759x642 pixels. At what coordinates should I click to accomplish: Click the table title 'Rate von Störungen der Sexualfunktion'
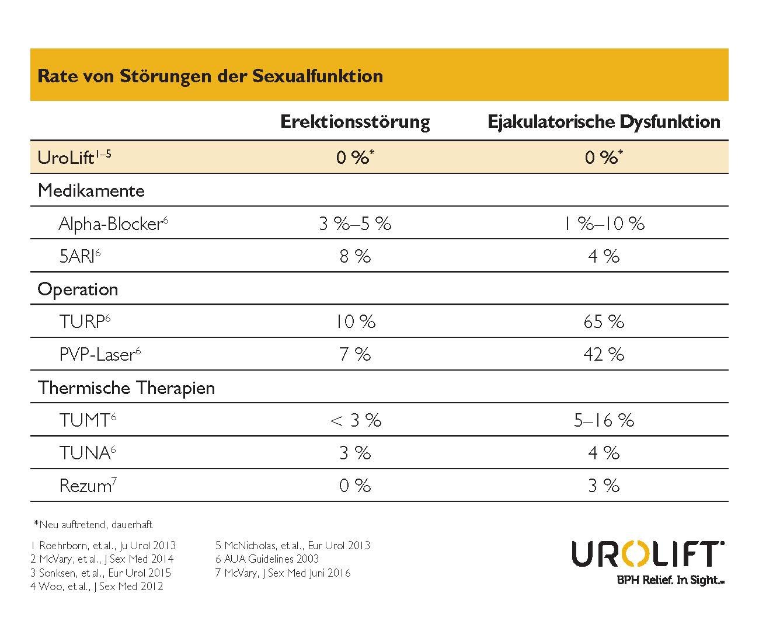(x=210, y=76)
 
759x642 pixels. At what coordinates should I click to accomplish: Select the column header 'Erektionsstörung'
(x=355, y=122)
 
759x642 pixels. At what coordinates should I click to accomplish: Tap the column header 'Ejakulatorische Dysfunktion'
(x=604, y=122)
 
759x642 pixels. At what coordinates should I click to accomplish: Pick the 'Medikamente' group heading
(x=91, y=191)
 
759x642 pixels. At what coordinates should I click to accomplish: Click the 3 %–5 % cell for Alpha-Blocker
(x=355, y=224)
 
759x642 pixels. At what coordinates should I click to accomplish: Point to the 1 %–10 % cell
(x=604, y=224)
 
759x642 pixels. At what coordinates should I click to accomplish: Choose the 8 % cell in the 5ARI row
(x=355, y=257)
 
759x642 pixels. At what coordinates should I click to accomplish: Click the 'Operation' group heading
(x=78, y=289)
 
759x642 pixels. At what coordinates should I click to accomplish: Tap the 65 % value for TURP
(x=604, y=322)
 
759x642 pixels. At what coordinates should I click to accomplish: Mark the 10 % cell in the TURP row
(x=355, y=322)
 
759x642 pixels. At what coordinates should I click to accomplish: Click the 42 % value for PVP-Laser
(x=604, y=355)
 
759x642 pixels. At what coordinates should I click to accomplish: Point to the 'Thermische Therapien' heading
(x=126, y=388)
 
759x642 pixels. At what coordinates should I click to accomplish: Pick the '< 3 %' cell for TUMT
(x=355, y=421)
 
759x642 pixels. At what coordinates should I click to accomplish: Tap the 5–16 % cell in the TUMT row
(x=604, y=421)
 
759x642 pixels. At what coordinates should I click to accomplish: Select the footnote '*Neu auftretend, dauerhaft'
(x=93, y=525)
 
